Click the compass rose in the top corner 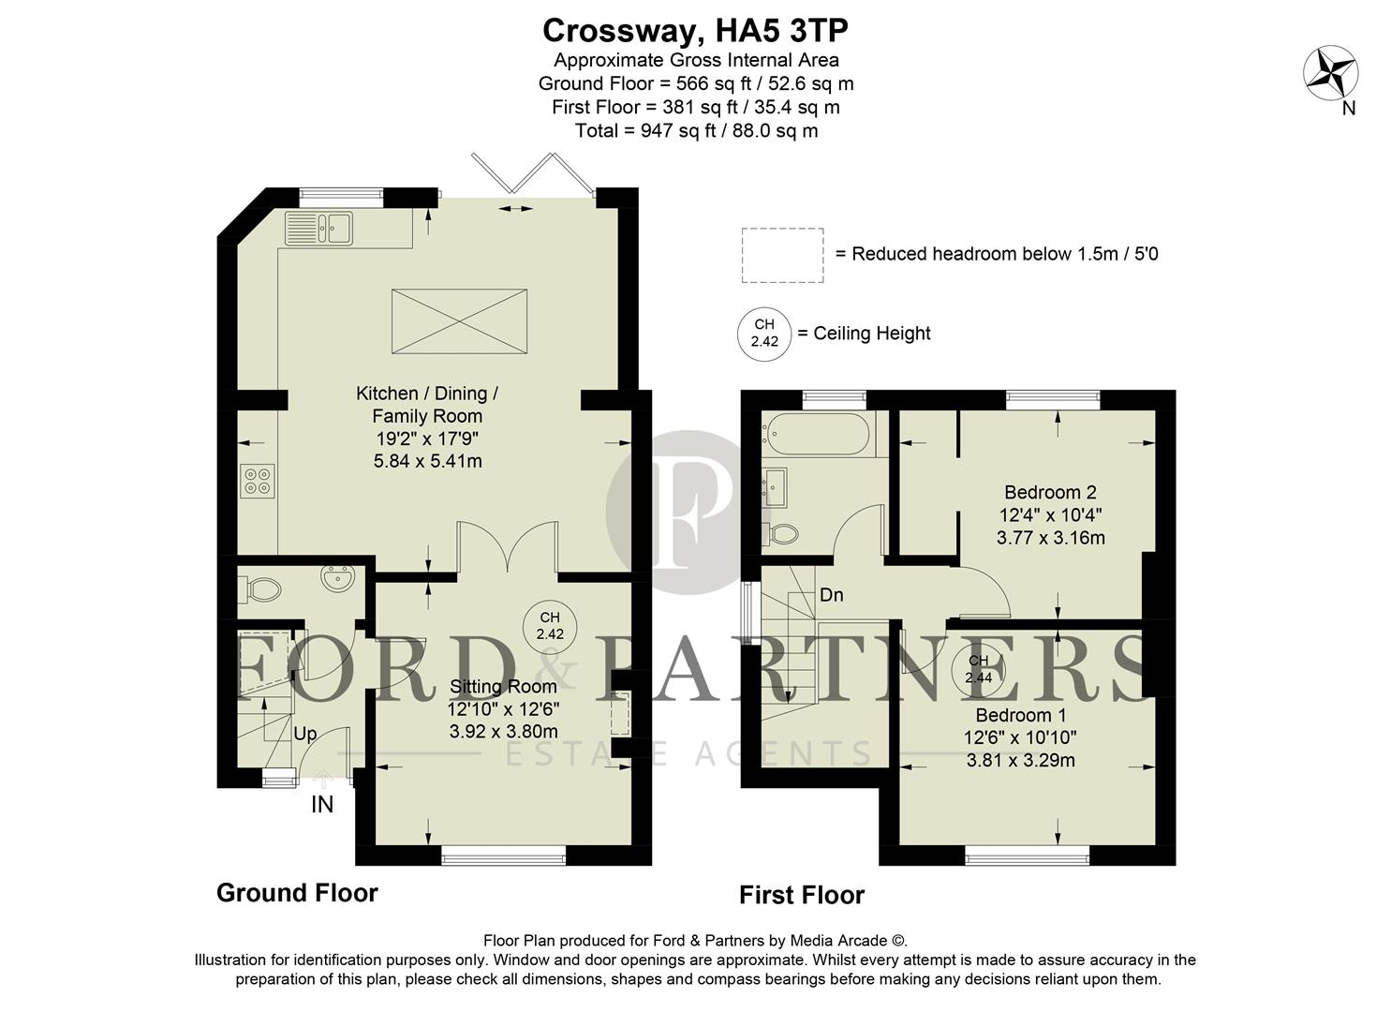point(1331,73)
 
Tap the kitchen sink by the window point(319,228)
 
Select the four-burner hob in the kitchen point(258,481)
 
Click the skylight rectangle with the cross point(459,321)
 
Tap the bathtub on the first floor point(815,433)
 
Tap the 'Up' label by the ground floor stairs point(305,734)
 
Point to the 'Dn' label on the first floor point(831,595)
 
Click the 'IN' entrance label point(321,804)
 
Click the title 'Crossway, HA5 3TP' point(695,31)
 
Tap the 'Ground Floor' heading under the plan point(297,893)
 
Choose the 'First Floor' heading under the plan point(801,896)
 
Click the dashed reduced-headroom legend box point(782,255)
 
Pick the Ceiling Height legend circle point(764,334)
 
